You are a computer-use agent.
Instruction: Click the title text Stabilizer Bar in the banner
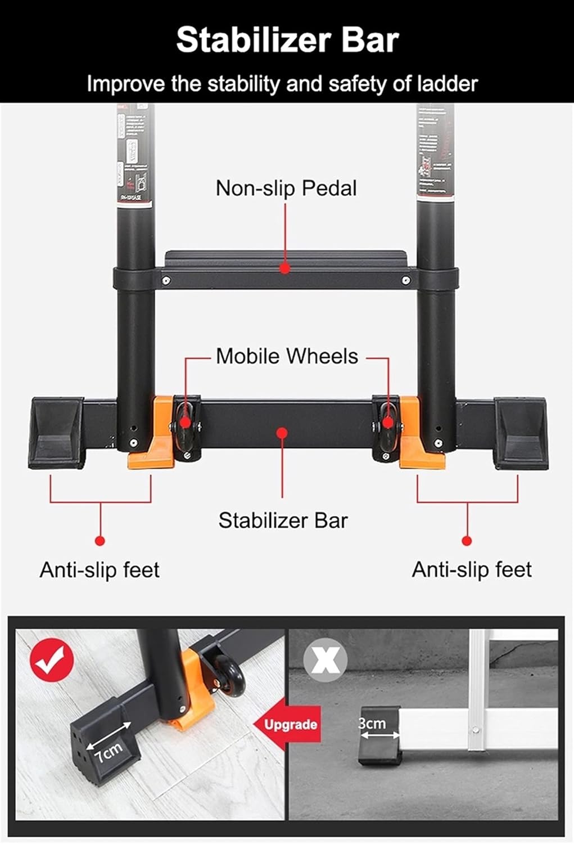point(287,40)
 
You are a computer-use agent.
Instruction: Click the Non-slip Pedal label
point(286,188)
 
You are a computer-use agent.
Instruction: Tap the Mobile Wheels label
point(287,356)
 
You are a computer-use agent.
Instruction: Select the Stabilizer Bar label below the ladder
point(283,520)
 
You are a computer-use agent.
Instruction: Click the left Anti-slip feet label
point(100,570)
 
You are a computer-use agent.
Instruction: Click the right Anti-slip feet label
point(472,569)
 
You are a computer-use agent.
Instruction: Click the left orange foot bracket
point(153,450)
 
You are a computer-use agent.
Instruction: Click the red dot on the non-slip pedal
point(285,269)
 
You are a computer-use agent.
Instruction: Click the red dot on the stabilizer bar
point(282,432)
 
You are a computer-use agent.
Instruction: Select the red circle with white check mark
point(52,660)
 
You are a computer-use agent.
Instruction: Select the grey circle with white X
point(325,659)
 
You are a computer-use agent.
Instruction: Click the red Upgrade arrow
point(288,724)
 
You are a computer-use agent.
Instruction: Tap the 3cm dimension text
point(372,723)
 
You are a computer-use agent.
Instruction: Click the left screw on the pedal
point(166,280)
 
